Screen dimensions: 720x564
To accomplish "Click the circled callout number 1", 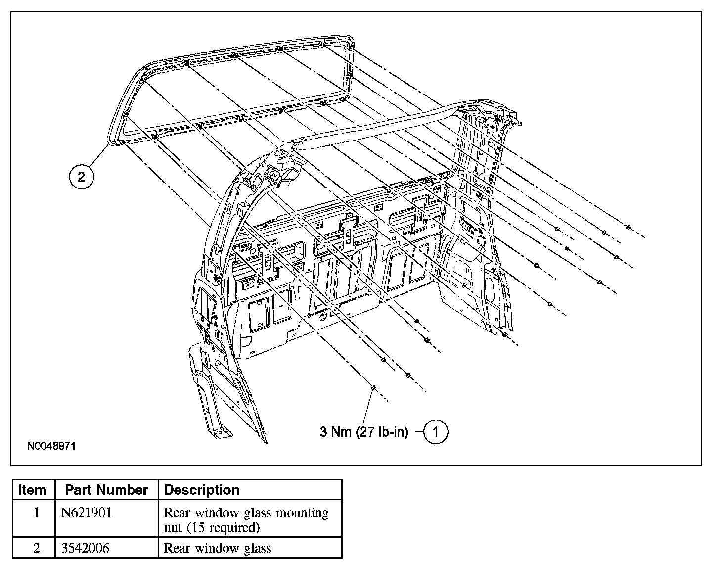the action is point(436,432).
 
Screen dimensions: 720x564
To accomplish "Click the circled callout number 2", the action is point(82,177).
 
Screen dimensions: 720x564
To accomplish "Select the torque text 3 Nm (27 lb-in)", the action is point(364,432).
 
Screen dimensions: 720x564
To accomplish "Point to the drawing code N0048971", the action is point(51,446).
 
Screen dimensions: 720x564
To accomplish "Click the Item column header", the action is point(33,490).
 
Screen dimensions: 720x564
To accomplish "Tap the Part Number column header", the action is point(106,490).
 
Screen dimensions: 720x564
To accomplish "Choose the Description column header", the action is point(202,490).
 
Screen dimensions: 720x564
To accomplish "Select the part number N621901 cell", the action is point(87,513).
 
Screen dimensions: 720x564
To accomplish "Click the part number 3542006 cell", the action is point(86,548).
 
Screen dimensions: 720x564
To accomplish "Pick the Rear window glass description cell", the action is point(217,548).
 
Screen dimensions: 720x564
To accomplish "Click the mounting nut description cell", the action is point(246,519).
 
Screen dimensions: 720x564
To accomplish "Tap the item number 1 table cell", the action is point(36,513).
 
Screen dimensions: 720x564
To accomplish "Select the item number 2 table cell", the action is point(36,548).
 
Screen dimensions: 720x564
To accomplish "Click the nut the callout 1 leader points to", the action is point(374,387).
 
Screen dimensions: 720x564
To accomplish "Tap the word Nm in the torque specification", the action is point(342,432).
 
